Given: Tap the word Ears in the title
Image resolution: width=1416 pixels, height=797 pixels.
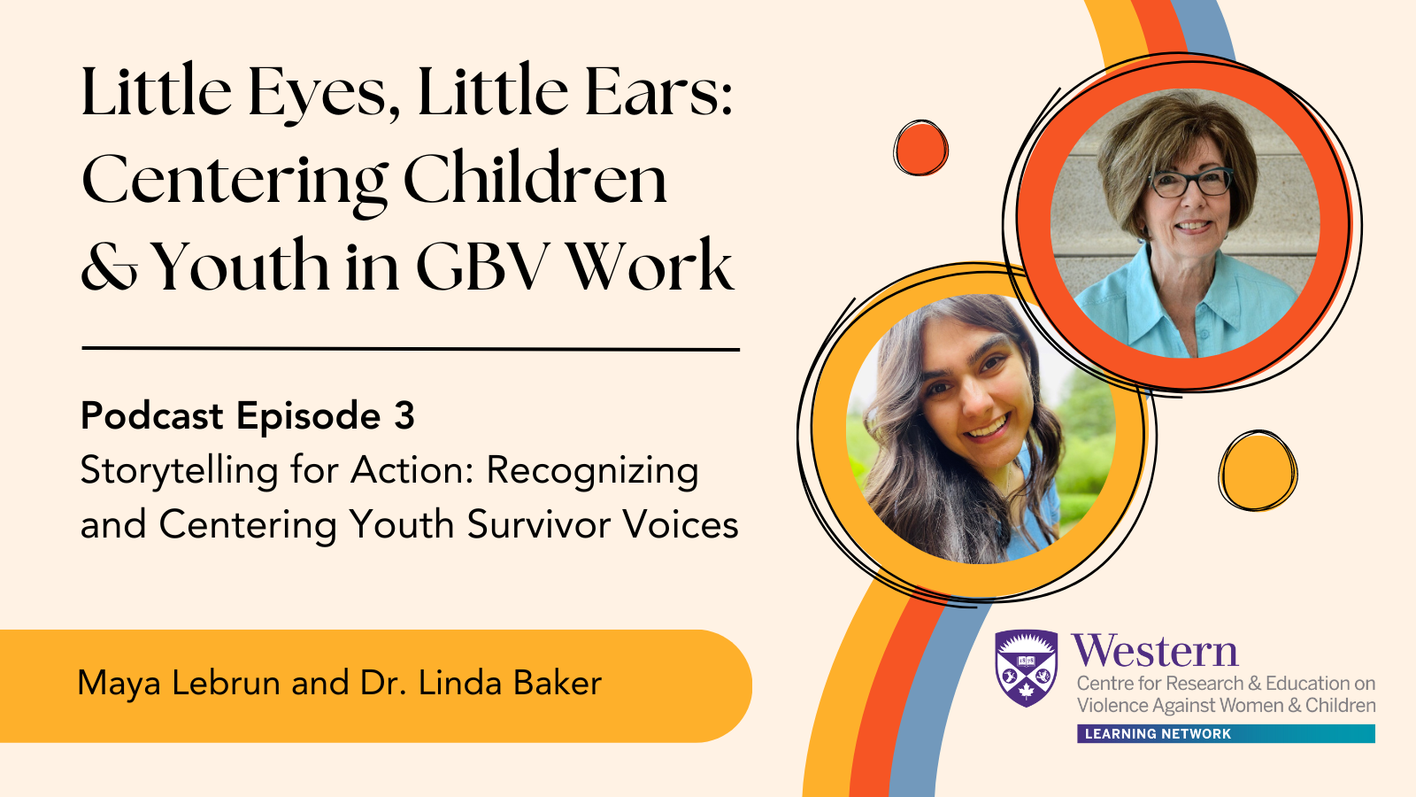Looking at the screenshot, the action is (x=658, y=92).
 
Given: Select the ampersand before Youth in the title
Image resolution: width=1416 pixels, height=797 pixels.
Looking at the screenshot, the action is (x=109, y=266).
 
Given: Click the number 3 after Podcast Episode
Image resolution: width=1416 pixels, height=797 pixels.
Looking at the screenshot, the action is (x=404, y=415).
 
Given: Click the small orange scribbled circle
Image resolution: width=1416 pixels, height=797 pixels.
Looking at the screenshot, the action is (x=920, y=148).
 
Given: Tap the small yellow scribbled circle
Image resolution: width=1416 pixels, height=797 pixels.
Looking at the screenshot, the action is (x=1258, y=470).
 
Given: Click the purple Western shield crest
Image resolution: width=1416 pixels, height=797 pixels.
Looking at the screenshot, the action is (x=1026, y=668).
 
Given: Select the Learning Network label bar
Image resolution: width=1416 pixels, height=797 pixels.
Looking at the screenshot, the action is (x=1227, y=734).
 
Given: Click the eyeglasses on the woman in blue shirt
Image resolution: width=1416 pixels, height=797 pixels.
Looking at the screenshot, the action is (x=1190, y=182).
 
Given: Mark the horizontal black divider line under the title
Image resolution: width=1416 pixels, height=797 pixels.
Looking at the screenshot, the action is (x=411, y=349).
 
